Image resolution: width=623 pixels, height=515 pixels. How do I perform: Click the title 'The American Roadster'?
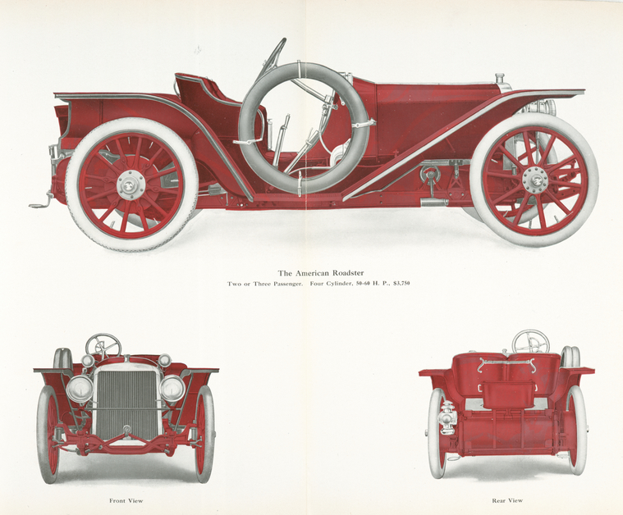pyautogui.click(x=321, y=273)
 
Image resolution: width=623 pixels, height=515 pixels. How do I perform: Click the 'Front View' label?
pyautogui.click(x=126, y=501)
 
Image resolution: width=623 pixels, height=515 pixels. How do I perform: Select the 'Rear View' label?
pyautogui.click(x=507, y=500)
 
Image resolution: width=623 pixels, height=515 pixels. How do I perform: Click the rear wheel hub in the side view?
pyautogui.click(x=131, y=185)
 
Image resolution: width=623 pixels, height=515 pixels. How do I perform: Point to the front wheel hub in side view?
pyautogui.click(x=535, y=181)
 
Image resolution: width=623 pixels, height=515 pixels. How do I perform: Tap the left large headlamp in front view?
pyautogui.click(x=80, y=389)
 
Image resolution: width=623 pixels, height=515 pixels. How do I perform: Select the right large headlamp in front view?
pyautogui.click(x=172, y=388)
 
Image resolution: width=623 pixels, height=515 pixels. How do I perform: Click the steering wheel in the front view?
pyautogui.click(x=103, y=345)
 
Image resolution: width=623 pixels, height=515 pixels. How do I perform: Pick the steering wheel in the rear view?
pyautogui.click(x=530, y=341)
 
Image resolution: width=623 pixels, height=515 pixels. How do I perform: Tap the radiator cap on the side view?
pyautogui.click(x=500, y=77)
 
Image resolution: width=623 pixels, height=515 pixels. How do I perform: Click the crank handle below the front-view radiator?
pyautogui.click(x=126, y=431)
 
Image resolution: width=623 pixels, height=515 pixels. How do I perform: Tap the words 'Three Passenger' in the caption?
pyautogui.click(x=277, y=284)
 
